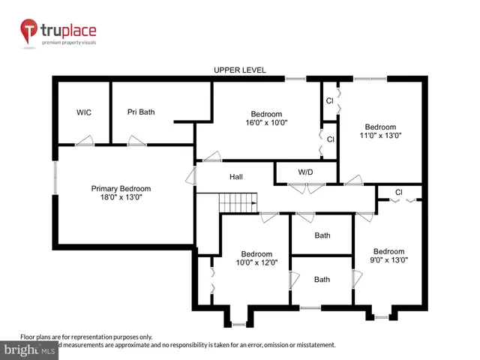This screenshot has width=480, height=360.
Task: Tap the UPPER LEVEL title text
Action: (239, 70)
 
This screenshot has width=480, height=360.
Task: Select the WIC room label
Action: (84, 112)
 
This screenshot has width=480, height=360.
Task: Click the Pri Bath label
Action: (141, 112)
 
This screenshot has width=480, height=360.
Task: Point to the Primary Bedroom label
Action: (121, 188)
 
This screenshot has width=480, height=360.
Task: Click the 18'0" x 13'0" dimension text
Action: (121, 198)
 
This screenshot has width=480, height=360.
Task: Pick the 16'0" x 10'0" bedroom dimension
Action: (266, 122)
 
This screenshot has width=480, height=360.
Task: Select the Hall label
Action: (236, 177)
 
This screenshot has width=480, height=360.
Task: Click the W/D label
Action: (305, 172)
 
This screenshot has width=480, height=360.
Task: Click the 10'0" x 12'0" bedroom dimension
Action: (253, 262)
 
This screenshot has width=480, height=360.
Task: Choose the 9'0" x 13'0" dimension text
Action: (388, 261)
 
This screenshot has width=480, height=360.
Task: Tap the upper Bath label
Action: (322, 235)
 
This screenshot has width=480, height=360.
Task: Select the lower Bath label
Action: (322, 280)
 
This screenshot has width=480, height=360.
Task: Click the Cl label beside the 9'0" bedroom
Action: (399, 193)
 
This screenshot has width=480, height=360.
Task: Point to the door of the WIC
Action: (87, 141)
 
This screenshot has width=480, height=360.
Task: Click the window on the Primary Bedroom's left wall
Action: (54, 179)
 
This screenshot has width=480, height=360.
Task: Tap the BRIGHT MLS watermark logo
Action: (30, 349)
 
